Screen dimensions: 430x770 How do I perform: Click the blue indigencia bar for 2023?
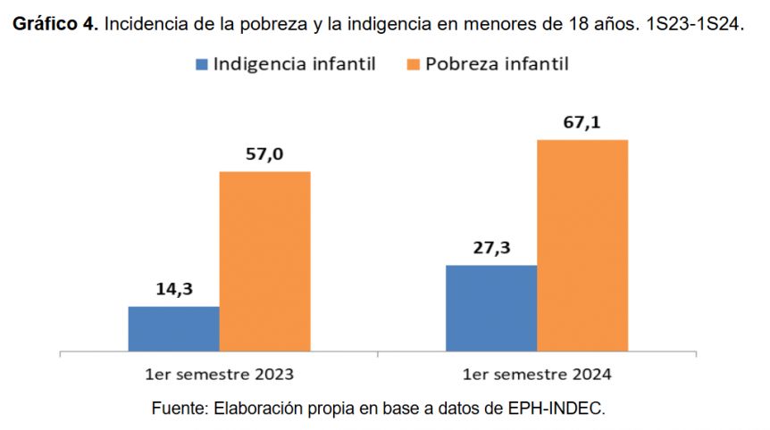173,328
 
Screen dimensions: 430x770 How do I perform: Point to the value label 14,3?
173,290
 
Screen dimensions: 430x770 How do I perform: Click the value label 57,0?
264,154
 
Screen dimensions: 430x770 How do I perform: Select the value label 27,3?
490,248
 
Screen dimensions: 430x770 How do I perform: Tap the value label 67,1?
582,122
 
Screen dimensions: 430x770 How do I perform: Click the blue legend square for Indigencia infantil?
201,64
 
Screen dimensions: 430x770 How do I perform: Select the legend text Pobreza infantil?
497,64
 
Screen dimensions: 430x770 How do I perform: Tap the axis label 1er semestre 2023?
219,373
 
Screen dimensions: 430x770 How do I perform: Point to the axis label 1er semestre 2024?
536,373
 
